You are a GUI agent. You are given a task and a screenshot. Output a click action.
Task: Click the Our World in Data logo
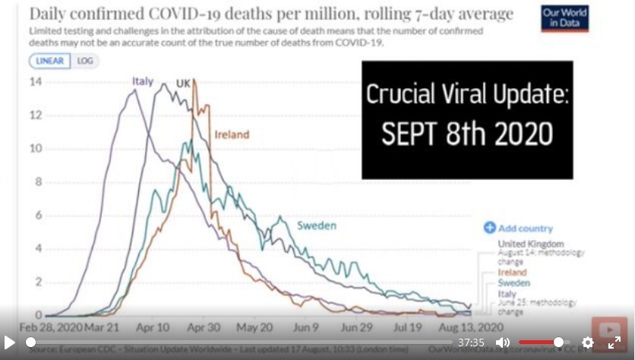click(x=564, y=18)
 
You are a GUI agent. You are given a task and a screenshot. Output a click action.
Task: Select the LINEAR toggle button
click(x=50, y=61)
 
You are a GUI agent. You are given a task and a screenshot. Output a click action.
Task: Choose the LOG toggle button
click(x=85, y=61)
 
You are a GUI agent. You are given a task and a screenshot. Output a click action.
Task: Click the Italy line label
click(x=143, y=81)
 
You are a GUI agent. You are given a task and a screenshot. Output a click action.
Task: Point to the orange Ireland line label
click(x=232, y=134)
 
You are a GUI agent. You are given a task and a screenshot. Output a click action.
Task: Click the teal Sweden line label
click(x=316, y=226)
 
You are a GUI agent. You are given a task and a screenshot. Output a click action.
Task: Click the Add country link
click(x=519, y=228)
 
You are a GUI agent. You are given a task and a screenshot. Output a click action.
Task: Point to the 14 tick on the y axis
click(x=35, y=82)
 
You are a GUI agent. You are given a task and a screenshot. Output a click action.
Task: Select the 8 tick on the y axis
click(x=37, y=182)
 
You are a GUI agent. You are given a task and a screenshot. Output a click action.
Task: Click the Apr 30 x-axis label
click(x=204, y=328)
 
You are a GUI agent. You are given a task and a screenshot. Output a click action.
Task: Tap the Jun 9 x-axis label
click(x=306, y=328)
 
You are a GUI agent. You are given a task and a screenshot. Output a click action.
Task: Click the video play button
click(x=10, y=343)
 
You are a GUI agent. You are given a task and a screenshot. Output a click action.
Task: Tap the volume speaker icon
click(x=503, y=343)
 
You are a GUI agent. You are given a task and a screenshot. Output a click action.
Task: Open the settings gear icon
click(x=587, y=343)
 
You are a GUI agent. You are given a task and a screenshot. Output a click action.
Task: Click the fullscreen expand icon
click(x=614, y=343)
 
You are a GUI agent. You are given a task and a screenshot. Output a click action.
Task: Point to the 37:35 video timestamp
click(x=471, y=343)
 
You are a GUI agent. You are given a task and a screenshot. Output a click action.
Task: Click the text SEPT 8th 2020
click(x=467, y=134)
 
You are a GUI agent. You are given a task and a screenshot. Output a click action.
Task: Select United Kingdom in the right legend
click(x=531, y=244)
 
